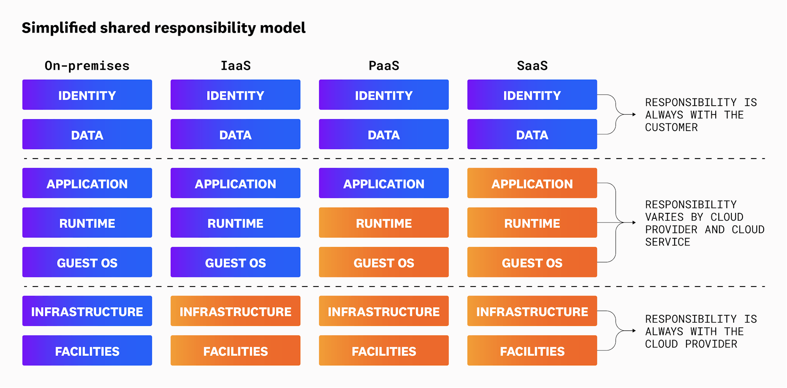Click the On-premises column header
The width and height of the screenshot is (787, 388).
[87, 66]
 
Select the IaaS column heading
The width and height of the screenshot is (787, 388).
[235, 66]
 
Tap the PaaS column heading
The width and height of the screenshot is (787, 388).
[384, 66]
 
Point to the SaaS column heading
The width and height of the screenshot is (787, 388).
[532, 66]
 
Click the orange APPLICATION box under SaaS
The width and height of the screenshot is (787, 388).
[532, 183]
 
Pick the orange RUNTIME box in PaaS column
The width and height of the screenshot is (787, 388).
[384, 223]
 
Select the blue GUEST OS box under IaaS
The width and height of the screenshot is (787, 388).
[235, 262]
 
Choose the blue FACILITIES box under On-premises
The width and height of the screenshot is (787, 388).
[87, 351]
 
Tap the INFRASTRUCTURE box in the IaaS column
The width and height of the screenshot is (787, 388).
[235, 311]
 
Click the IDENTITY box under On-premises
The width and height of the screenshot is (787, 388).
[87, 95]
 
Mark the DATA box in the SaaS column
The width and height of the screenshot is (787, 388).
[532, 134]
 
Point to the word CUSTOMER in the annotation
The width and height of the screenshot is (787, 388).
[671, 128]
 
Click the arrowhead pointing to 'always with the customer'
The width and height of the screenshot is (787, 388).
[634, 115]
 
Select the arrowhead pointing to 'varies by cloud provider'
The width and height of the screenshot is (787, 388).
[634, 223]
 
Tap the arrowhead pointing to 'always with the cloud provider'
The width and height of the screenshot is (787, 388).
[634, 331]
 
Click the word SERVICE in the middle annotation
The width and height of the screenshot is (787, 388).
[667, 242]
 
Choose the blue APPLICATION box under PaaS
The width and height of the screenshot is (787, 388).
[384, 183]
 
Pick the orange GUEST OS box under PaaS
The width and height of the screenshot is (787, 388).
[384, 262]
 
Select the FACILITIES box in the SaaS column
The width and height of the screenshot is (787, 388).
[532, 351]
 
